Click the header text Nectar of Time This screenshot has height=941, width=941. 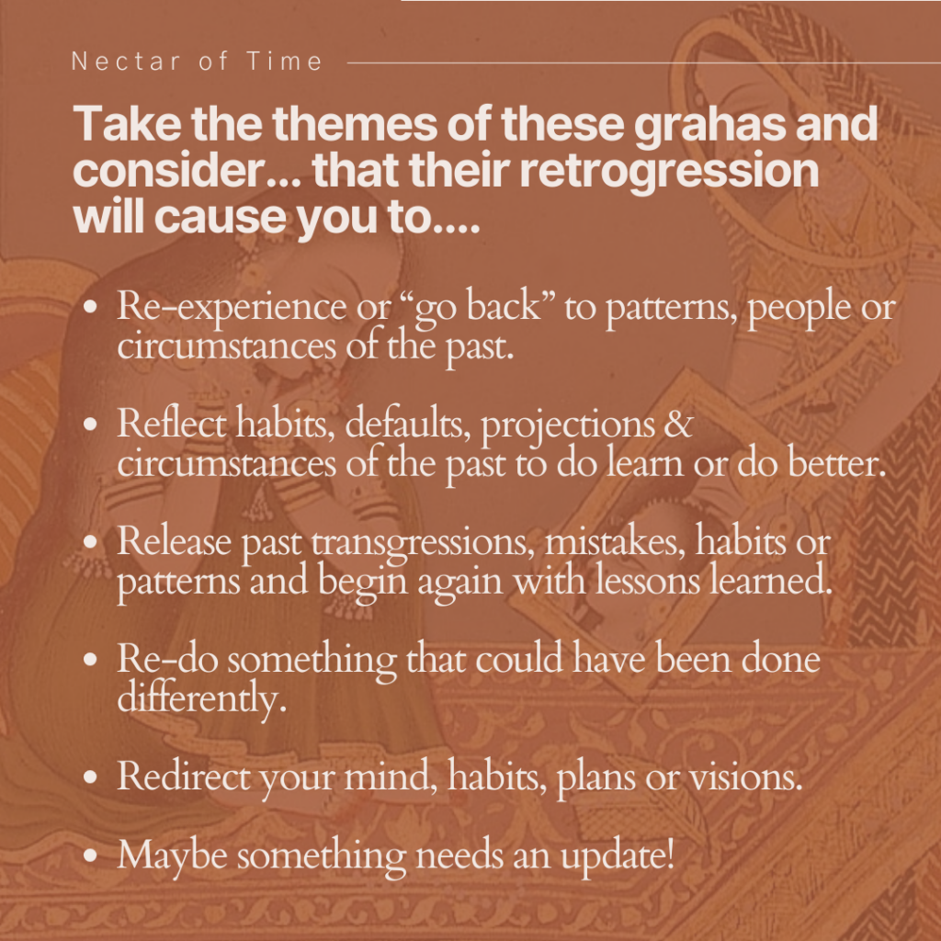tap(197, 62)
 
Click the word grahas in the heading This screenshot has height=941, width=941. tap(709, 125)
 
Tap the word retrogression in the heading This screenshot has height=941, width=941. tap(669, 172)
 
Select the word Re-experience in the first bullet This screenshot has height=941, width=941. tap(232, 307)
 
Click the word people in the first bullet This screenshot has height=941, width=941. tap(799, 307)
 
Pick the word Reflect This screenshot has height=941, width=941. tap(172, 423)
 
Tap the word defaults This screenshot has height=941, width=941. tap(407, 424)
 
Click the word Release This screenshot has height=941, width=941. tap(174, 541)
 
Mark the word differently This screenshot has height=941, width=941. tap(201, 698)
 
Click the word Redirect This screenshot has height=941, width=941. tap(184, 776)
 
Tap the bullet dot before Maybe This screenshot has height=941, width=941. tap(90, 855)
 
